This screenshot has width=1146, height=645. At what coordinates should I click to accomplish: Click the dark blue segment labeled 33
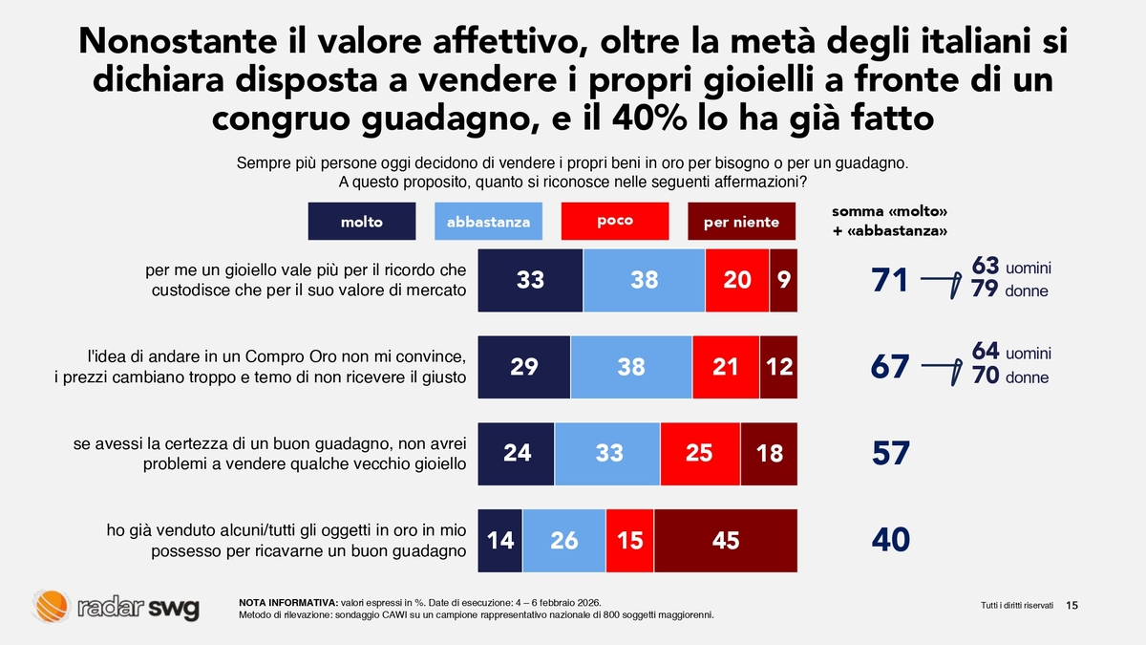coord(530,280)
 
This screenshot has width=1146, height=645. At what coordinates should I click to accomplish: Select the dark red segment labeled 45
coord(726,540)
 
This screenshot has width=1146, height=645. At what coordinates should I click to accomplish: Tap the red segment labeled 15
coord(630,540)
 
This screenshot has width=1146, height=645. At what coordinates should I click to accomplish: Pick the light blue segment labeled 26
coord(564,540)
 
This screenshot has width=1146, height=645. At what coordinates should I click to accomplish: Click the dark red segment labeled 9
coord(783,280)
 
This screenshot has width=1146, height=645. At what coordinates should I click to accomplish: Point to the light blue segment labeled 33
coord(608,453)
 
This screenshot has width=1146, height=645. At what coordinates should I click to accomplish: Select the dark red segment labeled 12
coord(778,366)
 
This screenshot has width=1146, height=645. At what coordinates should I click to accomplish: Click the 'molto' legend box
coord(362,222)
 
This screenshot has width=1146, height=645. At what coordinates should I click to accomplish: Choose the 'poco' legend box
coord(615,221)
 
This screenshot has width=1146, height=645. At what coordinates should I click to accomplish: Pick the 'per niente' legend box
coord(741,222)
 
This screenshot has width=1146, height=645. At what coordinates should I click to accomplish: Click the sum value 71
coord(890,281)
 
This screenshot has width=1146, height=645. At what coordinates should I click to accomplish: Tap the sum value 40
coord(891,541)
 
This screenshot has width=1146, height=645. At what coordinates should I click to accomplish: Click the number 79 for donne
coord(985,290)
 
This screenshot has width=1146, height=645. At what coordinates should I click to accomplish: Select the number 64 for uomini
coord(986,352)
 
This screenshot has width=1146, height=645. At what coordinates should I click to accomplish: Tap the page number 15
coord(1072,605)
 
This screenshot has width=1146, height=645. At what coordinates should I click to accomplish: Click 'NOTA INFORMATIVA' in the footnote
coord(287,602)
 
